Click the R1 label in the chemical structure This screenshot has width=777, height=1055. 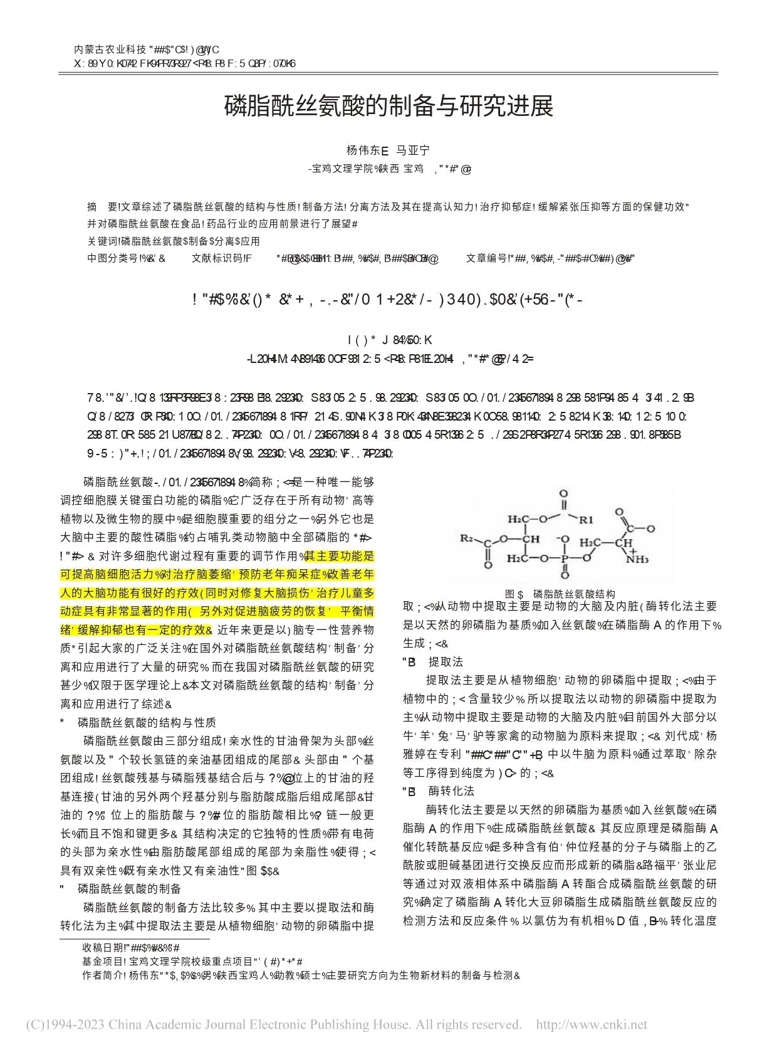pos(586,519)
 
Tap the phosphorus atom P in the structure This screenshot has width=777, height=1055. pos(564,557)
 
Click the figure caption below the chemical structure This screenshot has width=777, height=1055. pos(560,594)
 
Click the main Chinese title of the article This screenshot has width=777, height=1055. pos(388,107)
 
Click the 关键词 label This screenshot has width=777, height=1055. pos(102,241)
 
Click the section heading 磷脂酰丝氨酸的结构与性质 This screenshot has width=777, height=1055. pos(147,723)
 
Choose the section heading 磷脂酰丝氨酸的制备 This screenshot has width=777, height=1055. pos(129,888)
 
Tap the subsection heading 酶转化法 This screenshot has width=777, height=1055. pos(451,790)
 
